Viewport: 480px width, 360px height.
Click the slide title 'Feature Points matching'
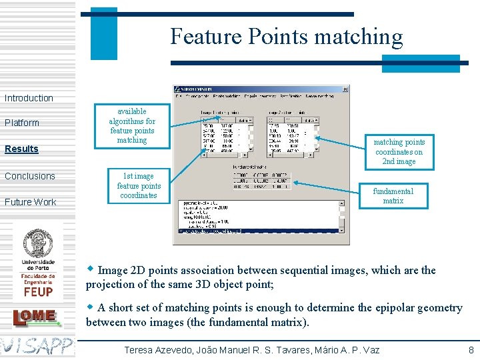click(287, 36)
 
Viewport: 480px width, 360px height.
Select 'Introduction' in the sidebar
click(29, 98)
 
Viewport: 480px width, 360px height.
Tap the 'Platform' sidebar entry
click(22, 123)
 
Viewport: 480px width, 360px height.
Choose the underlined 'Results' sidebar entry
click(22, 149)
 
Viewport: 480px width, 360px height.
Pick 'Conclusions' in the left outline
click(30, 176)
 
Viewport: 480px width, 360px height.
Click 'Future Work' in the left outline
click(31, 202)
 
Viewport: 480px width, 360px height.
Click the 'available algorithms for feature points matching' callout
click(132, 125)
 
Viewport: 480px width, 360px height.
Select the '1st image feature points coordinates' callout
click(139, 186)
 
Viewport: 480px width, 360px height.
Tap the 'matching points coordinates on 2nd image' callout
click(399, 152)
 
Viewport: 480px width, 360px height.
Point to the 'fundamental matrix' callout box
click(393, 195)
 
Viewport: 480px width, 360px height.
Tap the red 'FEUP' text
click(38, 292)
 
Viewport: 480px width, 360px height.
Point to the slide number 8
click(471, 350)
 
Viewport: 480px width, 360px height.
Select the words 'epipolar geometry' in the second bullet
click(421, 307)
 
